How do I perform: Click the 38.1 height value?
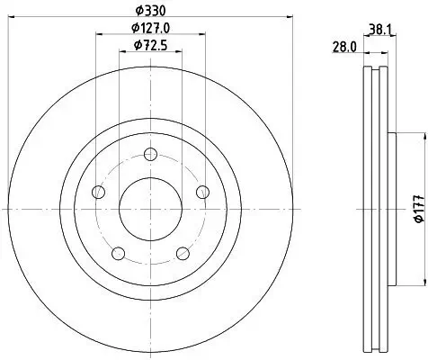379,28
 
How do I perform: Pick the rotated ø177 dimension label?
418,209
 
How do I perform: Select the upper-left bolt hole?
99,193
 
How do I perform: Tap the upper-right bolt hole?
202,192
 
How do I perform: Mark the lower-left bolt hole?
119,253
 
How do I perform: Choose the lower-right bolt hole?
183,253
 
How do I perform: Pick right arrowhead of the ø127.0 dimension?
204,34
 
